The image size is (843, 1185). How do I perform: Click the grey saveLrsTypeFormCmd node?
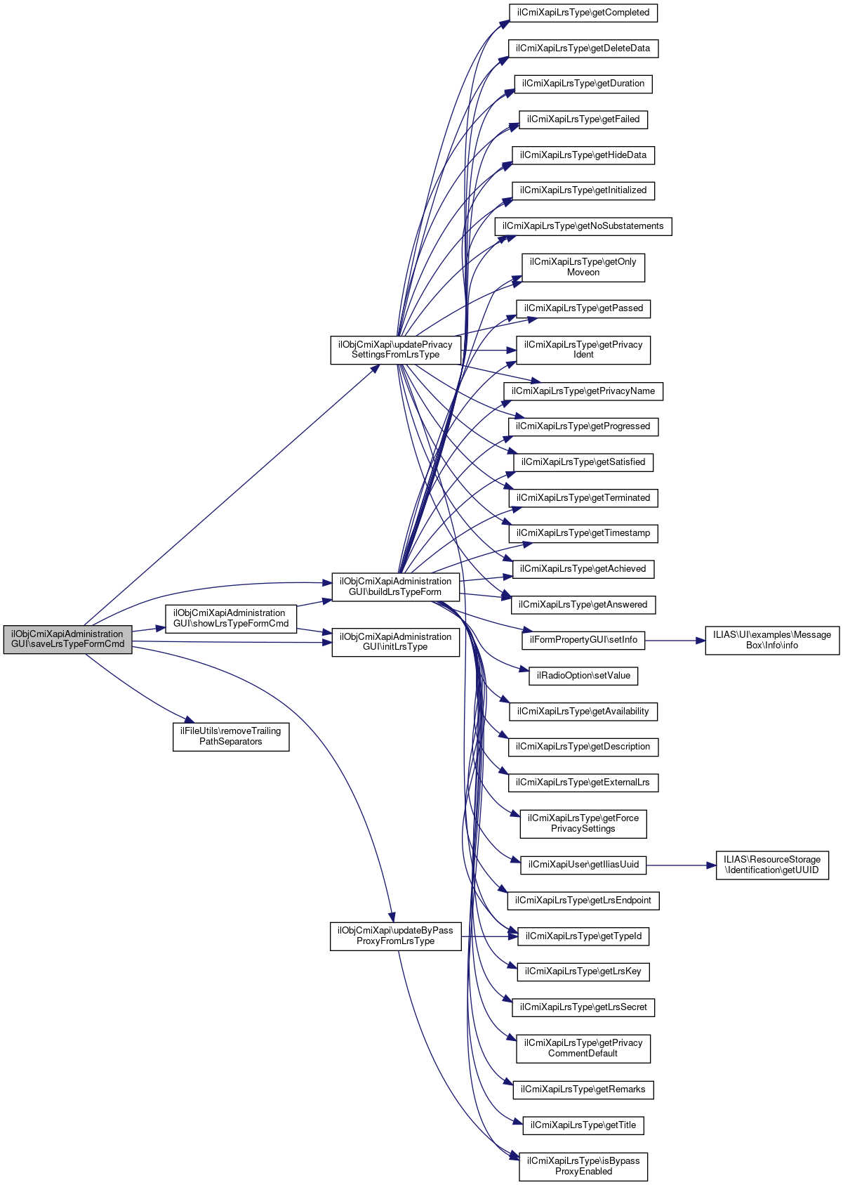click(67, 639)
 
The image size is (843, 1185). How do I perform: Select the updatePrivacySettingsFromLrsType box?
click(395, 350)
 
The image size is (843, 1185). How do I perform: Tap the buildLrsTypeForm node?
click(395, 587)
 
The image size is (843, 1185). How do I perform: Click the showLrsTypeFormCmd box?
click(230, 618)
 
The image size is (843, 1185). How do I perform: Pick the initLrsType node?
click(395, 642)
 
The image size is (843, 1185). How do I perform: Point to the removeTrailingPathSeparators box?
click(230, 736)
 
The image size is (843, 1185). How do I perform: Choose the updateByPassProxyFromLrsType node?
click(395, 936)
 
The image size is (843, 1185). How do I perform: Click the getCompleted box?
click(583, 13)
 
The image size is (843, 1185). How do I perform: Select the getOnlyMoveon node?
click(583, 267)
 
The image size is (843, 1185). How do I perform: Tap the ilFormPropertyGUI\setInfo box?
click(583, 640)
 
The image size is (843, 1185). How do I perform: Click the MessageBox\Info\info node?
click(771, 640)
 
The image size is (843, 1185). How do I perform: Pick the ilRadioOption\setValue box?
click(583, 676)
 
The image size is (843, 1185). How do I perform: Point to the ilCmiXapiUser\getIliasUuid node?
click(583, 864)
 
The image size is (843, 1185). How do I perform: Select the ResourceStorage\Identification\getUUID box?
click(771, 865)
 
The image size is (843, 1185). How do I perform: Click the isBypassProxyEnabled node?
click(583, 1166)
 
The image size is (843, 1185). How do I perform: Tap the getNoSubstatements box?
click(583, 226)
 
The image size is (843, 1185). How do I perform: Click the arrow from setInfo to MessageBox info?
click(674, 640)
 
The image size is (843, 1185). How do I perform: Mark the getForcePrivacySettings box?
click(583, 823)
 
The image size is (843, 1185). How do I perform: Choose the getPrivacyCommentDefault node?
click(583, 1048)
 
